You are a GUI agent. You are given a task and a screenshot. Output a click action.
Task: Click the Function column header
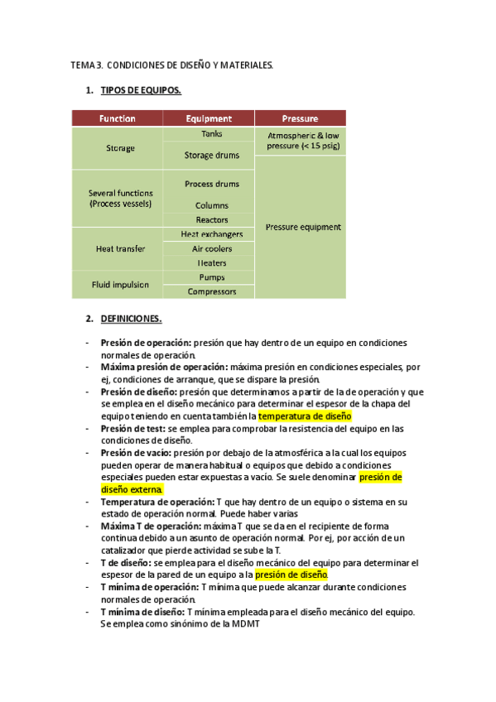pos(118,118)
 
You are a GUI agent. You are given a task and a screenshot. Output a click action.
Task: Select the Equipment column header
pos(209,118)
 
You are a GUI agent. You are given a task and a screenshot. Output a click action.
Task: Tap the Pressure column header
pos(300,118)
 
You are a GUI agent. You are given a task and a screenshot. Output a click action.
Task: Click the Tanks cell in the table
pos(211,134)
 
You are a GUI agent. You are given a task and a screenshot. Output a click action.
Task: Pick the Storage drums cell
pos(211,155)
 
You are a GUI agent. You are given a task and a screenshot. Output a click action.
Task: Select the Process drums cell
pos(211,184)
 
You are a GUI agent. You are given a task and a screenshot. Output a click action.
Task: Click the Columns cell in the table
pos(211,205)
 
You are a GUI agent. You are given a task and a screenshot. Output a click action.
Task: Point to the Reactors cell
pos(211,220)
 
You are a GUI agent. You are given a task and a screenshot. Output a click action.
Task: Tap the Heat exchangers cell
pos(211,235)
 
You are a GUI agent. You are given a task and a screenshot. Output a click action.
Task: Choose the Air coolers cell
pos(211,249)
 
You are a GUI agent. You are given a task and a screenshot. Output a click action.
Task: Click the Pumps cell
pos(211,277)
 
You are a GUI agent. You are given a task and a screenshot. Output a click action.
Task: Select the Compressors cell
pos(211,291)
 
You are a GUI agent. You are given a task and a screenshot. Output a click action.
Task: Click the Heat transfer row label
pos(120,248)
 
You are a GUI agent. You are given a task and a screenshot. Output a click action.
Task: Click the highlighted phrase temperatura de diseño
pos(305,416)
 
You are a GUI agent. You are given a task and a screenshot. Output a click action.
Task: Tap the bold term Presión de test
pos(132,429)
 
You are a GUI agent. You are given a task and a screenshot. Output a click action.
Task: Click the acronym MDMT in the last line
pos(245,623)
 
